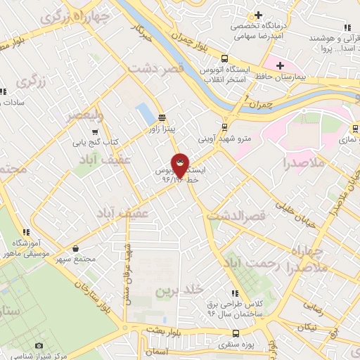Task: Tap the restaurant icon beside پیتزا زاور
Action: click(x=162, y=117)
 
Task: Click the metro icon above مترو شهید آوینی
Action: click(x=224, y=127)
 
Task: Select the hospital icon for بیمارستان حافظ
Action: click(x=280, y=65)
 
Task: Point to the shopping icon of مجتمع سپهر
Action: click(x=75, y=248)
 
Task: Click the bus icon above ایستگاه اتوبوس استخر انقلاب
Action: click(x=224, y=58)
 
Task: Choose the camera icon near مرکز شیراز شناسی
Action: click(x=39, y=346)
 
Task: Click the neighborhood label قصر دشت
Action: click(x=155, y=70)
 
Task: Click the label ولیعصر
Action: click(x=84, y=115)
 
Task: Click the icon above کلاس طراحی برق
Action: click(x=234, y=293)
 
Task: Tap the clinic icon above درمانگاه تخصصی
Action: click(x=259, y=15)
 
